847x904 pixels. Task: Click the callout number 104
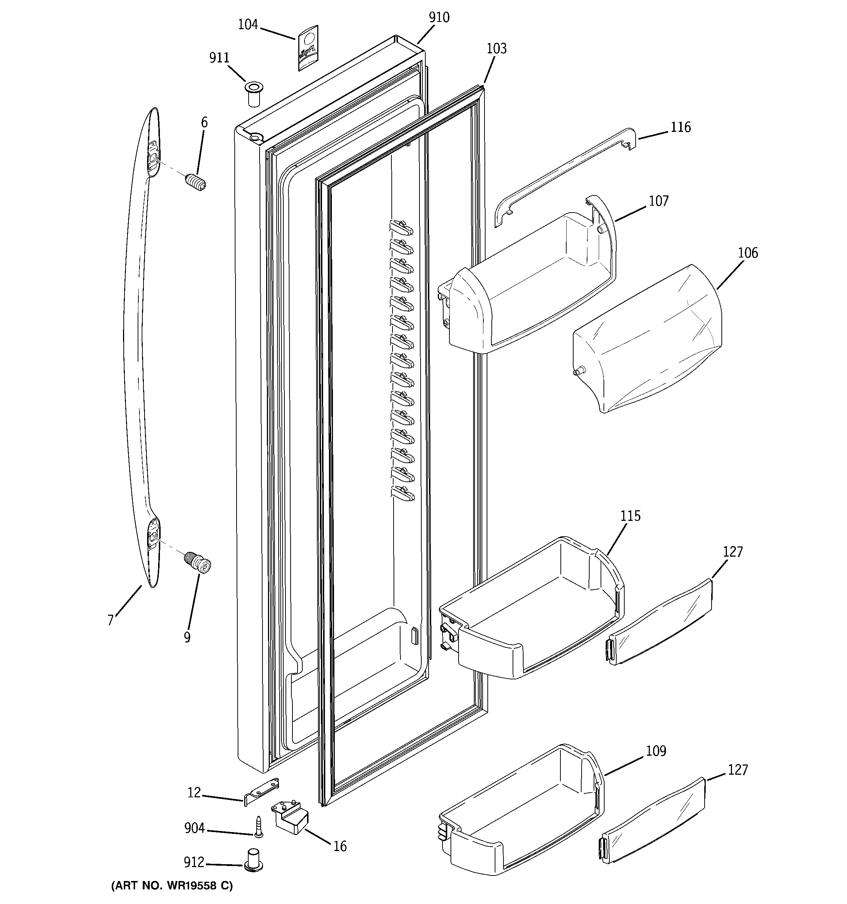(x=248, y=24)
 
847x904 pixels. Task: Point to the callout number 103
(x=497, y=49)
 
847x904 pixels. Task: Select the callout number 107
(x=658, y=201)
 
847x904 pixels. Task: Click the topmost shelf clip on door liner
(x=401, y=227)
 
